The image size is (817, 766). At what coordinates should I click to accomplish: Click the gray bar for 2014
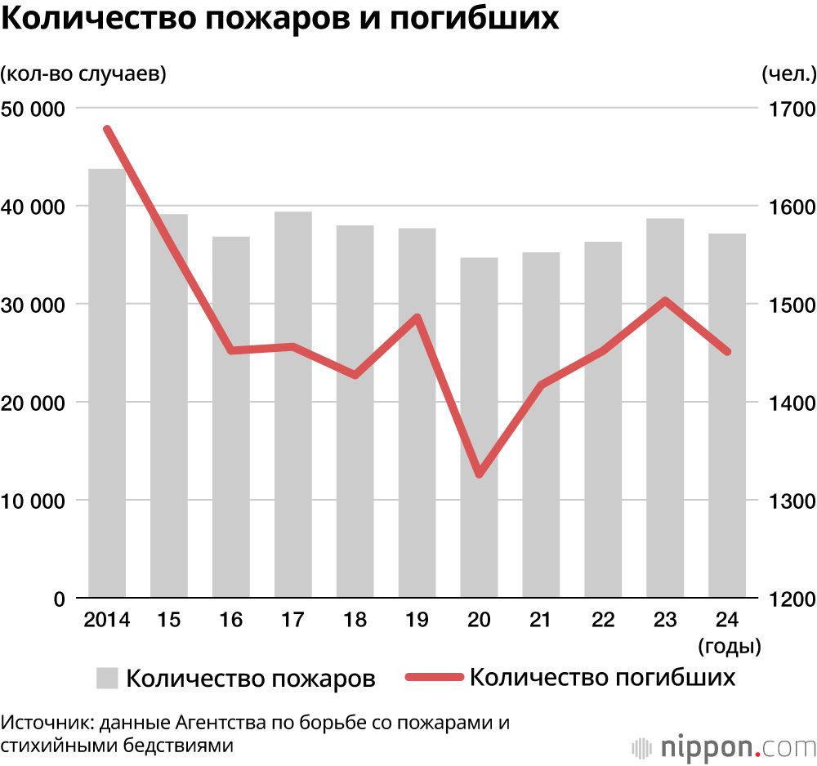pos(107,384)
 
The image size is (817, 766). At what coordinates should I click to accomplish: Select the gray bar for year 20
pos(479,428)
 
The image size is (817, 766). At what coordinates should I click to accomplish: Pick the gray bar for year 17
pos(292,405)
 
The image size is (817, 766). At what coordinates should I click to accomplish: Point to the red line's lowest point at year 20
pos(479,474)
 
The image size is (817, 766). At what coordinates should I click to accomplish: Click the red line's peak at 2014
pos(107,129)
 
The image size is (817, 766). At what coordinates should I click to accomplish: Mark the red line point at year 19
pos(417,317)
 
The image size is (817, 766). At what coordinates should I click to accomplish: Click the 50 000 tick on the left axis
pos(35,109)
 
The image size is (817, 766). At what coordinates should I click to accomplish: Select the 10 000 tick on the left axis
pos(35,501)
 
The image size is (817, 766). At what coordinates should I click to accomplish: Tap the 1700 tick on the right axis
pos(788,109)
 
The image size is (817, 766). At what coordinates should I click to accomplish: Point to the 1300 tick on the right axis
pos(788,501)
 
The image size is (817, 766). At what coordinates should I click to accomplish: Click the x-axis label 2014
pos(107,621)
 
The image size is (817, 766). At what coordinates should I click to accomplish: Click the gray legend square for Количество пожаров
pos(108,678)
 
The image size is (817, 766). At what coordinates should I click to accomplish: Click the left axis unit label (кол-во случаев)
pos(83,74)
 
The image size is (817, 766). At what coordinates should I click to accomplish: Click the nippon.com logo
pos(724,746)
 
